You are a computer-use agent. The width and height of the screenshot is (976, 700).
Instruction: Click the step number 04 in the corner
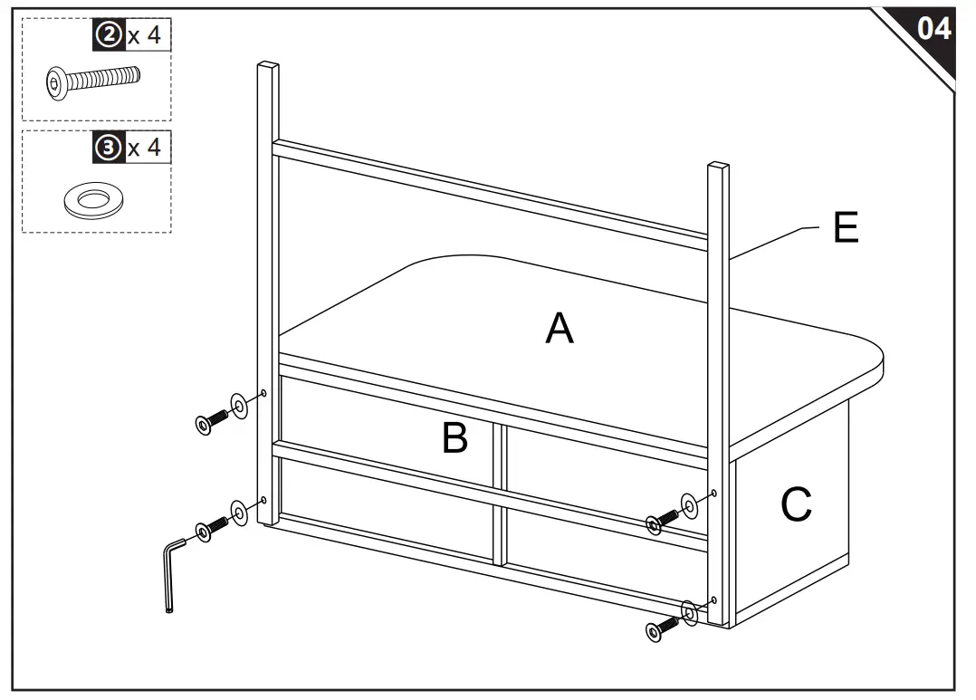pyautogui.click(x=933, y=29)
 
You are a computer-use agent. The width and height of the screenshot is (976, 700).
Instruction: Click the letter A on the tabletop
pyautogui.click(x=559, y=328)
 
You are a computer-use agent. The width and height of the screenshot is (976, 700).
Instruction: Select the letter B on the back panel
pyautogui.click(x=455, y=438)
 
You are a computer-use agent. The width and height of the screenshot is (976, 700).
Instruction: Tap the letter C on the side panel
pyautogui.click(x=796, y=505)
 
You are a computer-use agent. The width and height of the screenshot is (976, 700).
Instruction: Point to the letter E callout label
pyautogui.click(x=845, y=229)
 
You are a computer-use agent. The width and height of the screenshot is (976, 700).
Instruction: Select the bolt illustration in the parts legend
pyautogui.click(x=92, y=83)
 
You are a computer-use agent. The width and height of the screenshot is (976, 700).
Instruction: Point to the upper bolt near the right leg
pyautogui.click(x=662, y=520)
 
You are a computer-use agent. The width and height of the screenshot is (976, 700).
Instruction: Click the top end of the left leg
pyautogui.click(x=268, y=66)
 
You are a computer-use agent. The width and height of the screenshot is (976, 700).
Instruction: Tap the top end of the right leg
pyautogui.click(x=718, y=167)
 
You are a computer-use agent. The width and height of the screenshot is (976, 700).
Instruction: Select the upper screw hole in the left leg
pyautogui.click(x=263, y=393)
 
